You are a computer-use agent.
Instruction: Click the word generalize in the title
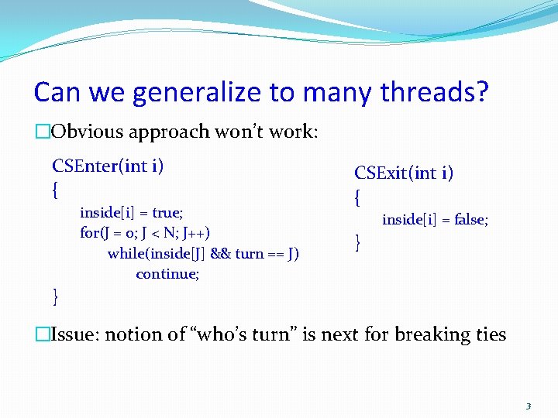197,93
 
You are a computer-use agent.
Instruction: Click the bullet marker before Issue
41,335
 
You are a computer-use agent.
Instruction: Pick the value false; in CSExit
470,221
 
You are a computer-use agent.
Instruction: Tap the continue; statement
167,274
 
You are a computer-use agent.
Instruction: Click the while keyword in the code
126,254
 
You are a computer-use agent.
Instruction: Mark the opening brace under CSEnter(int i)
55,188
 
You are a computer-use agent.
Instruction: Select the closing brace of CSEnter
55,295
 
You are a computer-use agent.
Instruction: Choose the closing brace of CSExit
357,243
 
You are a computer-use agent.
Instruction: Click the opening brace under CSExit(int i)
357,198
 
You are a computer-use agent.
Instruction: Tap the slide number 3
528,406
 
